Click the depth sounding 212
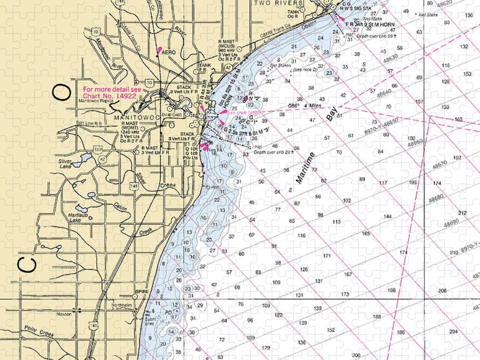coord(462,213)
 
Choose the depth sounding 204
coord(453,332)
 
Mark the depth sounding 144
coord(387,216)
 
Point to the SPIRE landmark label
coord(143,291)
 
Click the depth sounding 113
coord(336,222)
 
